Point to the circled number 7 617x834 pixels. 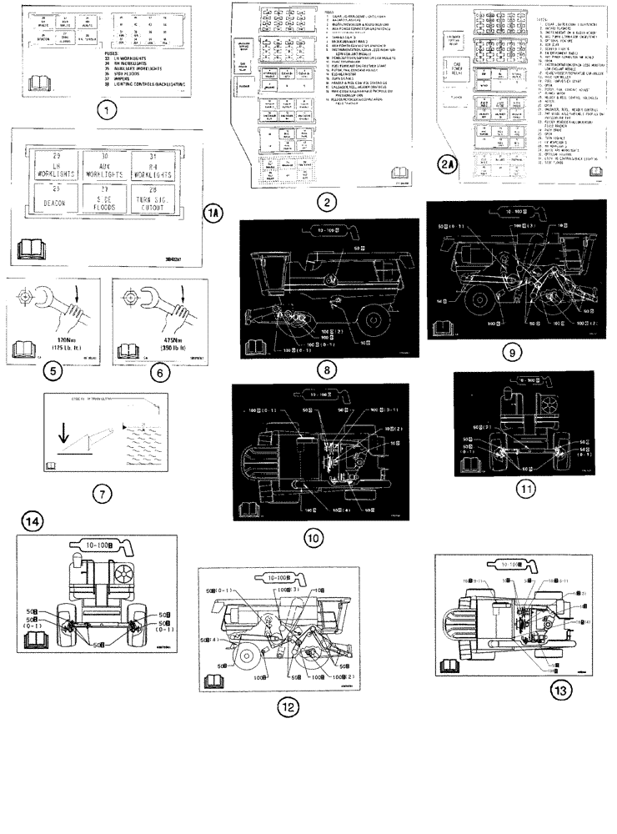click(101, 493)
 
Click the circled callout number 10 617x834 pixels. click(312, 538)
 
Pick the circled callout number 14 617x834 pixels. click(32, 523)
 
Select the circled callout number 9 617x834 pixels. click(514, 353)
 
